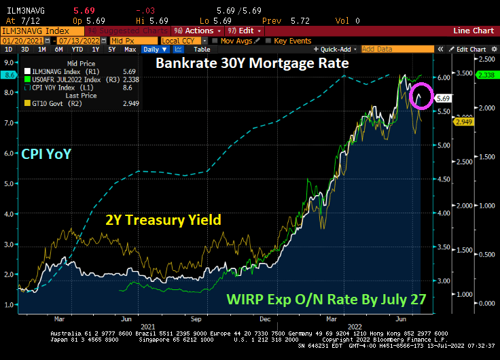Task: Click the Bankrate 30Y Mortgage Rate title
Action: pyautogui.click(x=252, y=64)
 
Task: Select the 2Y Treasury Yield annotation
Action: pyautogui.click(x=163, y=220)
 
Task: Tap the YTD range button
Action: pyautogui.click(x=78, y=49)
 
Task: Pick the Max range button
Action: pyautogui.click(x=130, y=49)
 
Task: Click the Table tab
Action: pyautogui.click(x=202, y=49)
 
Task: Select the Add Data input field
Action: pyautogui.click(x=387, y=49)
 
